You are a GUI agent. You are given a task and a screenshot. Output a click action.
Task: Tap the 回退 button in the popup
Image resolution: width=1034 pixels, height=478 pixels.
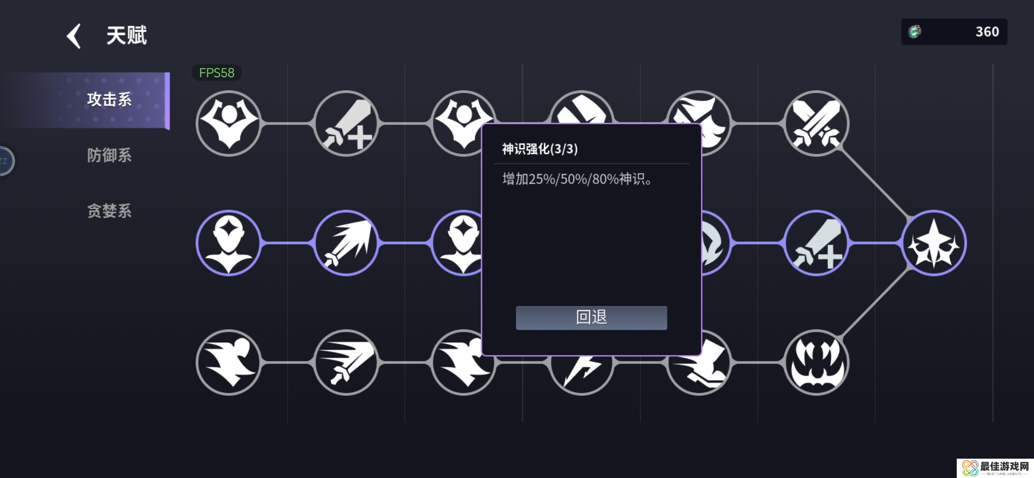591,318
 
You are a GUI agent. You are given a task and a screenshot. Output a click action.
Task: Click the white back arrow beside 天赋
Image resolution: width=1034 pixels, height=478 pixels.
74,36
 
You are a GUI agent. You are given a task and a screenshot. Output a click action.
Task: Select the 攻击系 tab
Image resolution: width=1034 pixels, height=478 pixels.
109,100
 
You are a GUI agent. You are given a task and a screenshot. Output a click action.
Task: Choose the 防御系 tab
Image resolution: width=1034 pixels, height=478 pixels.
109,155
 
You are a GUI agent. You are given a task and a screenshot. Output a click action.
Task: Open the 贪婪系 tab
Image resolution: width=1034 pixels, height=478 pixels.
109,211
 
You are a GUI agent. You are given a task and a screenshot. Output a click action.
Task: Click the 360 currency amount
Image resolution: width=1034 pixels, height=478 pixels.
987,32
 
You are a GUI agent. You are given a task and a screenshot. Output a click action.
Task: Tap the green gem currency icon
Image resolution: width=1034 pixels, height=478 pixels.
915,32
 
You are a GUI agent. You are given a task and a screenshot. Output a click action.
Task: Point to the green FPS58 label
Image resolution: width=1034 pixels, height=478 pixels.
217,73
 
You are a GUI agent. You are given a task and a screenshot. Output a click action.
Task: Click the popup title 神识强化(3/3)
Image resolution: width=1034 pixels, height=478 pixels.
540,149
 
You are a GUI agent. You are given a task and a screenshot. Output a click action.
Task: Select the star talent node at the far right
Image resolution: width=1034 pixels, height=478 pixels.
934,243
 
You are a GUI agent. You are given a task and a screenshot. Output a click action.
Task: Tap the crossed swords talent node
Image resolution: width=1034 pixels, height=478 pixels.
816,123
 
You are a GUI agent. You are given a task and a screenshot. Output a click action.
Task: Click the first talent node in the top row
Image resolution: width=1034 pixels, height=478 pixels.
229,123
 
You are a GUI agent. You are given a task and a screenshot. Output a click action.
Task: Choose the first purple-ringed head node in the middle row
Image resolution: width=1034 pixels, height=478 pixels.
229,243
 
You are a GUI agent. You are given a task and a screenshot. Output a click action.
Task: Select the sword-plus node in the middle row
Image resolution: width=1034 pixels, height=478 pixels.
816,243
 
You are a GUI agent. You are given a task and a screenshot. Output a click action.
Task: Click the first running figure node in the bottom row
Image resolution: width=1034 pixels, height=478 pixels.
229,362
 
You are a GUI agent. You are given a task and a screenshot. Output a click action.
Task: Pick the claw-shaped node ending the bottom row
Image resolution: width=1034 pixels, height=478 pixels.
816,362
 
